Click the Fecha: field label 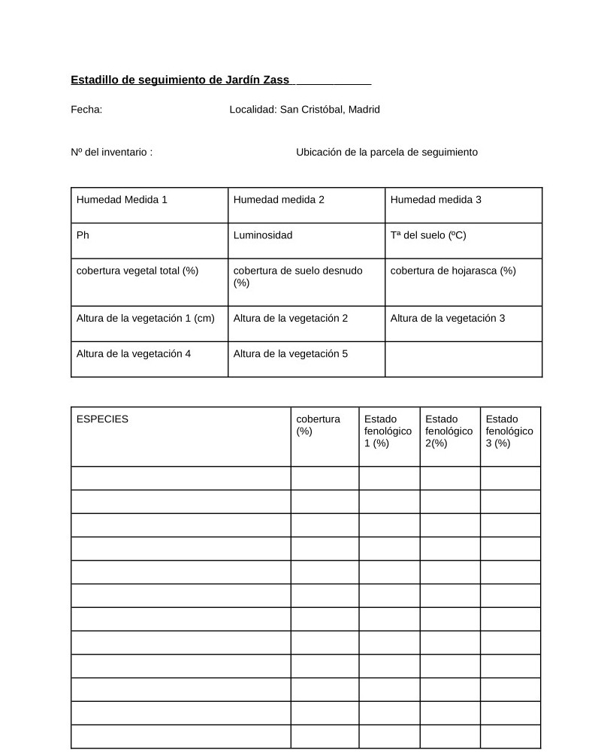tap(86, 110)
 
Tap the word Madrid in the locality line tap(364, 110)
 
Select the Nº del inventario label tap(111, 153)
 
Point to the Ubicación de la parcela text tap(386, 153)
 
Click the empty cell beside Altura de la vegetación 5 tap(464, 359)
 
